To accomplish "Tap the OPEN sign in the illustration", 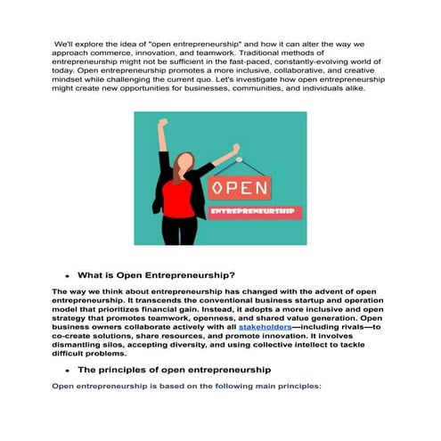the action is click(x=240, y=189).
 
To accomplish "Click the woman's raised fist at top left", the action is click(x=163, y=123).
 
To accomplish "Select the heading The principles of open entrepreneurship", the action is click(x=174, y=369).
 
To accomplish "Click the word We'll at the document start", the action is click(x=65, y=43).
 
